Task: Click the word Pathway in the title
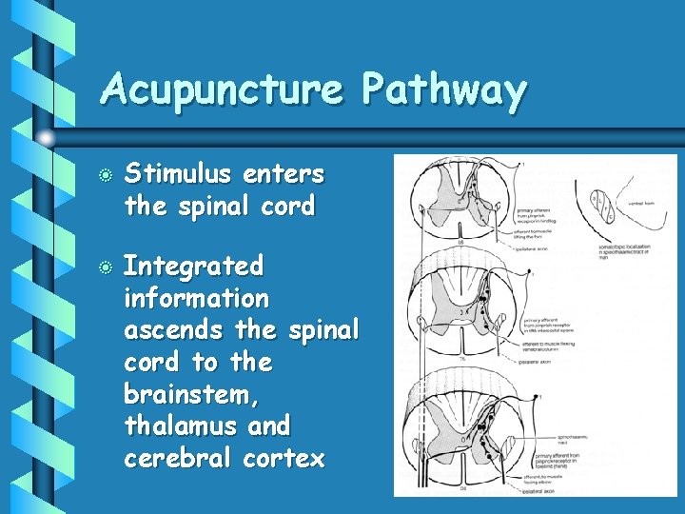coord(444,92)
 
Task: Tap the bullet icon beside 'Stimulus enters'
coord(107,176)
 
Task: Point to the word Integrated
coord(193,267)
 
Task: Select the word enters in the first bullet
coord(284,174)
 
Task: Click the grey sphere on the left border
coord(46,139)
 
